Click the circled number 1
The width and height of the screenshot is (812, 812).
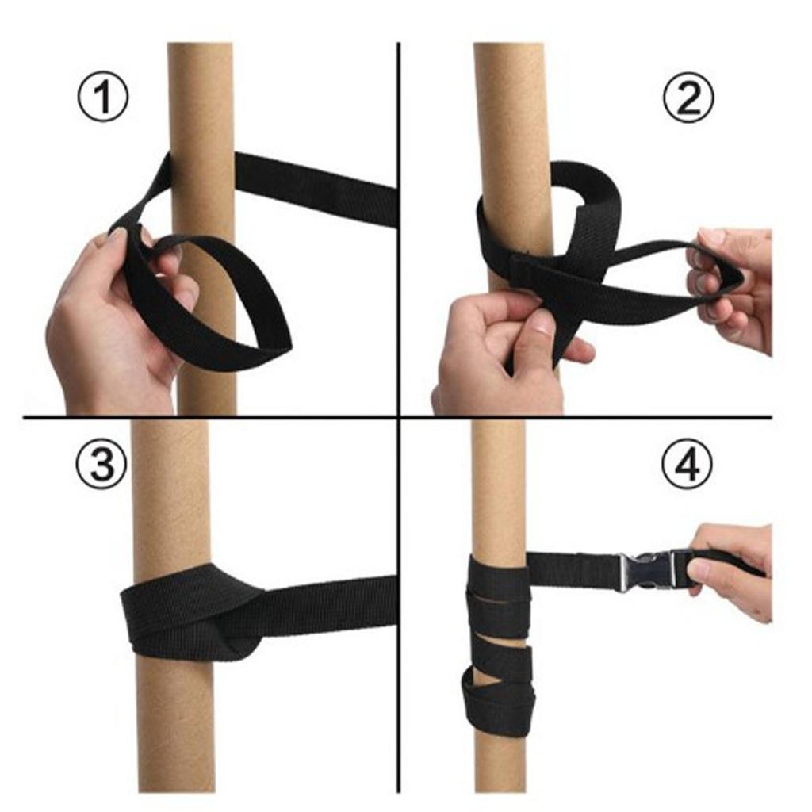(101, 97)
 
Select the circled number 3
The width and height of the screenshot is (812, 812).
(101, 463)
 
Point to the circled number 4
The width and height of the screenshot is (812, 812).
(687, 463)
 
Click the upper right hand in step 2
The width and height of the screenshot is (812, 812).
(733, 285)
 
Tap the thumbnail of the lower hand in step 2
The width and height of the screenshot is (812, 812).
(542, 322)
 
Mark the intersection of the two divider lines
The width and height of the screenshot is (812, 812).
(397, 416)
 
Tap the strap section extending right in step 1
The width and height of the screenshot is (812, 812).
(317, 186)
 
